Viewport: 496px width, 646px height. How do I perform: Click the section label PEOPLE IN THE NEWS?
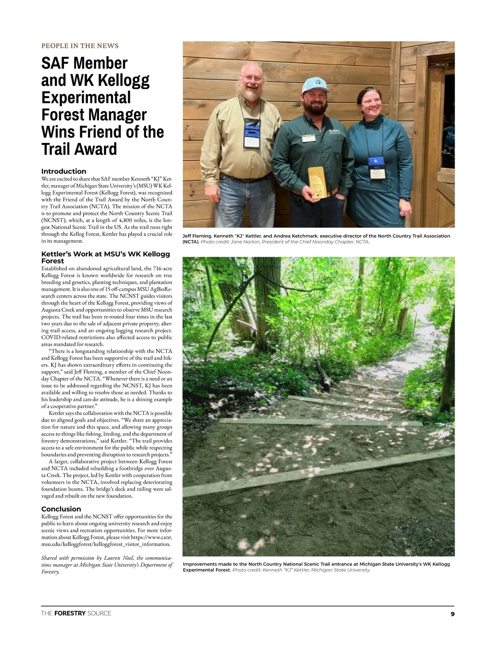pyautogui.click(x=80, y=46)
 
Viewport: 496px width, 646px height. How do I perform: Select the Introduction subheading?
pyautogui.click(x=64, y=171)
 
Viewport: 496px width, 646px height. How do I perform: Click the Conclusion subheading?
pyautogui.click(x=61, y=509)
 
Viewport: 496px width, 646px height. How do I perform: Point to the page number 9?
pyautogui.click(x=452, y=614)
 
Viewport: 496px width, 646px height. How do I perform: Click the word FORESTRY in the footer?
pyautogui.click(x=70, y=613)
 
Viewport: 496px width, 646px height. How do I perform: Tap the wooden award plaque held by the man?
pyautogui.click(x=316, y=182)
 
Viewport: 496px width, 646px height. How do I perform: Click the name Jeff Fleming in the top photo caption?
pyautogui.click(x=196, y=236)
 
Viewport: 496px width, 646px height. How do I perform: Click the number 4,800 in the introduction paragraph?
pyautogui.click(x=123, y=220)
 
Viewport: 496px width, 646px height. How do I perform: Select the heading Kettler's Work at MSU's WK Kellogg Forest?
pyautogui.click(x=105, y=257)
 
